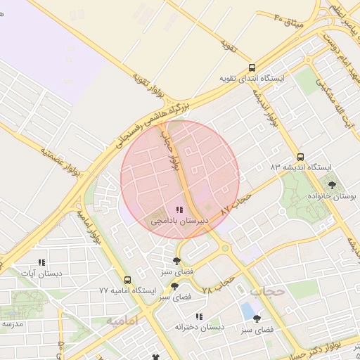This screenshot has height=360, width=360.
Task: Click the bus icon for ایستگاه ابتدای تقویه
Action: [252, 68]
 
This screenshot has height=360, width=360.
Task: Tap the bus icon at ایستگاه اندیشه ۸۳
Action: [301, 157]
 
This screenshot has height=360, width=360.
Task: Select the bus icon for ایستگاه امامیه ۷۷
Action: [127, 280]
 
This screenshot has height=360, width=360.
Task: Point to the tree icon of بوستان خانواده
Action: [332, 185]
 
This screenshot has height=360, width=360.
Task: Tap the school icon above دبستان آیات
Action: [41, 262]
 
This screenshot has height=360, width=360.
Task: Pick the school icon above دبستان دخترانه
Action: [200, 316]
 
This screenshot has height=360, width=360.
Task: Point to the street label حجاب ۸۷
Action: [235, 205]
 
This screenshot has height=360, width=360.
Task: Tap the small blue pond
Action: [247, 309]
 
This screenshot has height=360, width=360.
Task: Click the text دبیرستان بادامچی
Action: [179, 221]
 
